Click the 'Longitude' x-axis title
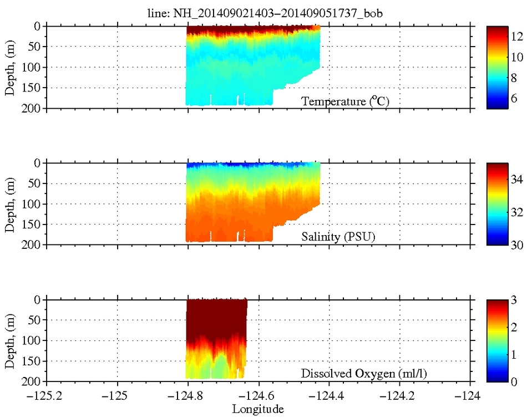click(258, 410)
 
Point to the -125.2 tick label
click(47, 396)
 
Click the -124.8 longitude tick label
click(188, 396)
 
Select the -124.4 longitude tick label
click(330, 396)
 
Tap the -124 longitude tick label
click(471, 396)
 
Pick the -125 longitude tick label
click(117, 396)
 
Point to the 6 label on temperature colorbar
click(514, 99)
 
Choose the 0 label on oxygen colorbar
click(514, 381)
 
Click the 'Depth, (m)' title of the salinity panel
click(9, 203)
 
